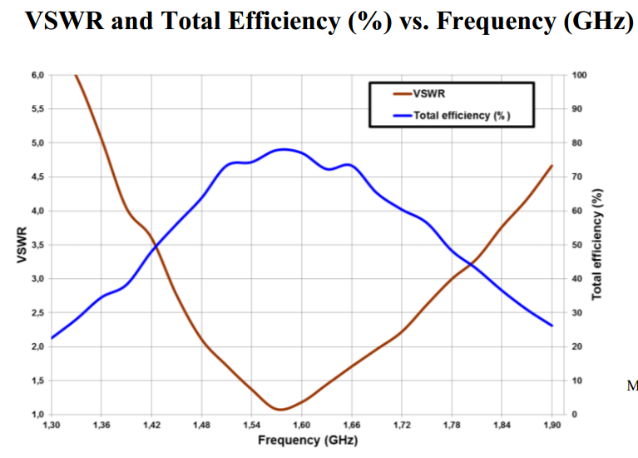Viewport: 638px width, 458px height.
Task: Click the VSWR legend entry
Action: (429, 93)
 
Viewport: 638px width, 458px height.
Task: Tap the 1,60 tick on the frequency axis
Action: (301, 425)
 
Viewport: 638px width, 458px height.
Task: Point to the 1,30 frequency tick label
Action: (52, 425)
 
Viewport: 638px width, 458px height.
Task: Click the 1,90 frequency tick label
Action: (551, 425)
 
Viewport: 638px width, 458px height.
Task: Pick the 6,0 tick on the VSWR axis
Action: (37, 75)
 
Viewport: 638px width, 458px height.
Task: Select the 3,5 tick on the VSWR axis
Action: (37, 245)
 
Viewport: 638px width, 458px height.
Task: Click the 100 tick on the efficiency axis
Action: (580, 75)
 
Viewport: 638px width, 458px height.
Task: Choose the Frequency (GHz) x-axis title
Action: (308, 440)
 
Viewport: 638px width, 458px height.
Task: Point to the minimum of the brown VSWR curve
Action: (280, 409)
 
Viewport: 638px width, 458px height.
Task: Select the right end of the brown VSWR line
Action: (551, 166)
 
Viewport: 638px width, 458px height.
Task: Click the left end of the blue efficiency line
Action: (52, 338)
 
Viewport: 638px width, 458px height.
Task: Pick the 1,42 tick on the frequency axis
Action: (151, 425)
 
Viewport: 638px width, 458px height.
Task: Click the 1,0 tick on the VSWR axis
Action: (37, 414)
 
